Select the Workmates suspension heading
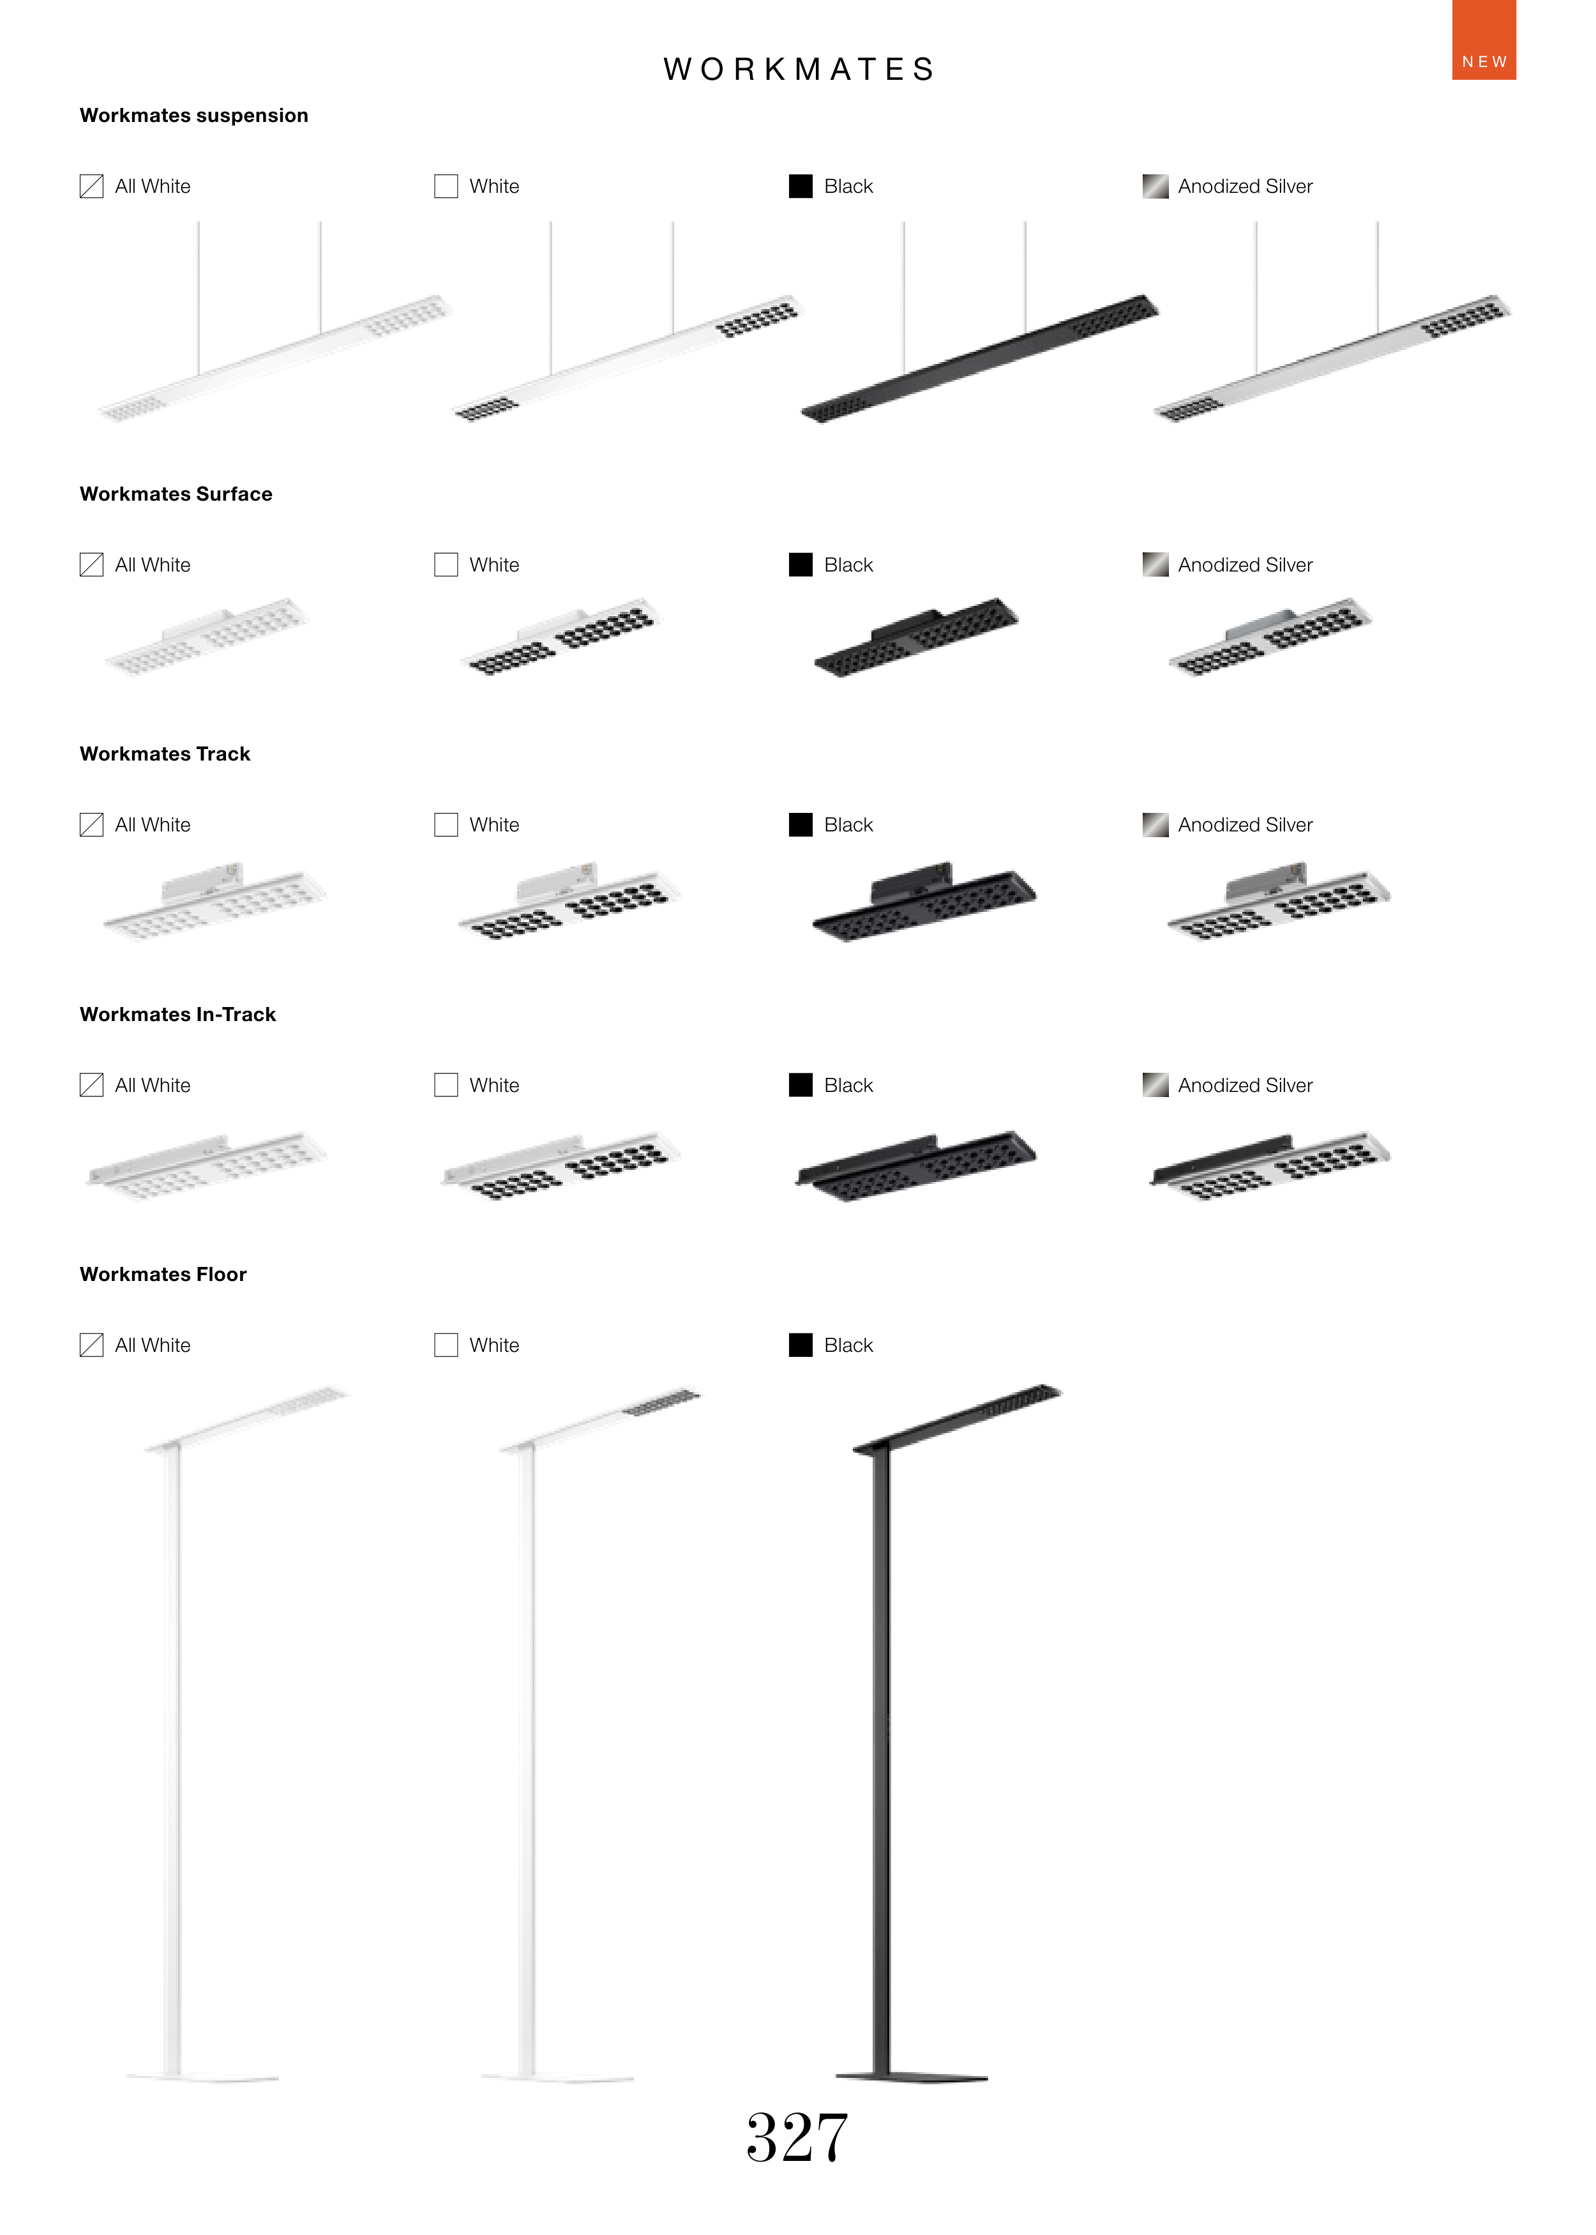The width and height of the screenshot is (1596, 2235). [193, 115]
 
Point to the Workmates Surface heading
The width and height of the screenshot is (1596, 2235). [176, 494]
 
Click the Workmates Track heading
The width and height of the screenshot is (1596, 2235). [165, 754]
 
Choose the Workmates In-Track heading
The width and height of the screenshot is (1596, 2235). [178, 1014]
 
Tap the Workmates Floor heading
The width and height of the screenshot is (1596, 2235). [163, 1274]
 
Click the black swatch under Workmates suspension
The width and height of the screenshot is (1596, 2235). [801, 186]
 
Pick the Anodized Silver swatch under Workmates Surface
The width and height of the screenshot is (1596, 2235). [1155, 564]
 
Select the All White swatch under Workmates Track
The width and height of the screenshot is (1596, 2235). [91, 824]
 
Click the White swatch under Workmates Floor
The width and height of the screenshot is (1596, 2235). [446, 1345]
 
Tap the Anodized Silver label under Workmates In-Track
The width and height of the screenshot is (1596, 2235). [1245, 1085]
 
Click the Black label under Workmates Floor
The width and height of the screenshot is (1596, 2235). [848, 1345]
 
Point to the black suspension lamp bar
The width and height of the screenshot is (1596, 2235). [980, 359]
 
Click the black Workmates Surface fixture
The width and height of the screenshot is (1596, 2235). [917, 637]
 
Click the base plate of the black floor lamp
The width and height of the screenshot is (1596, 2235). [911, 2077]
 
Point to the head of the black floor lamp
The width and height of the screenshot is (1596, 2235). [958, 1418]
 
